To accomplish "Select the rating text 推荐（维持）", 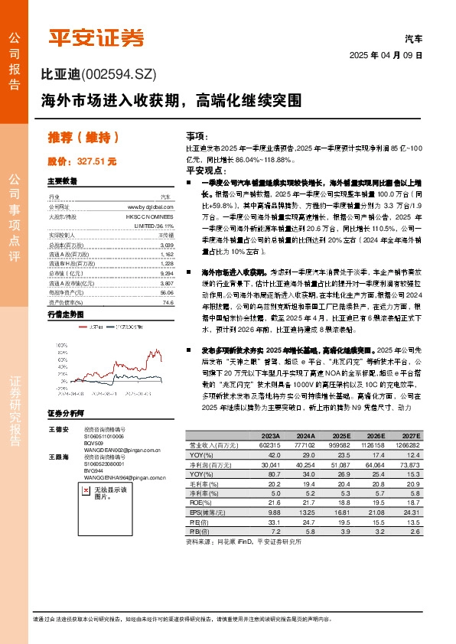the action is (83, 138).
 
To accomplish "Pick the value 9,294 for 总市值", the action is (166, 273).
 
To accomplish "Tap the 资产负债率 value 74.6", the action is (168, 303).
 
